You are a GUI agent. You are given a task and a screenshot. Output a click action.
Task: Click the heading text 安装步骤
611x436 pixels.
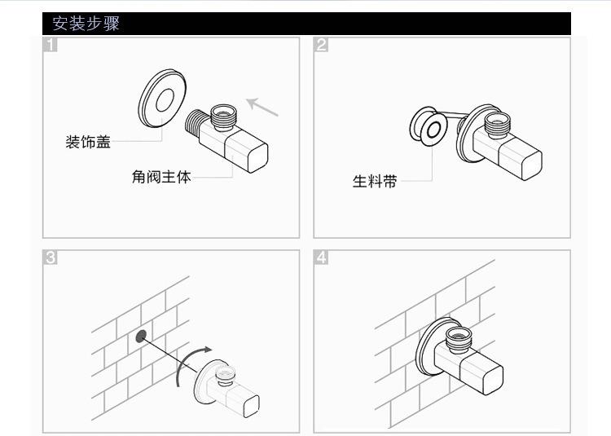click(x=86, y=24)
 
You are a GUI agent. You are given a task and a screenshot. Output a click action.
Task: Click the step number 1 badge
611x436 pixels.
click(x=50, y=45)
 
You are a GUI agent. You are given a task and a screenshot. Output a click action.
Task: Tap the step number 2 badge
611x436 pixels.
click(x=321, y=45)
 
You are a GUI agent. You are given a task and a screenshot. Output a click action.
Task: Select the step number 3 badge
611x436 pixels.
click(x=50, y=258)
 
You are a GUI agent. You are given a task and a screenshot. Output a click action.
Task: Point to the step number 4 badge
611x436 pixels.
click(x=321, y=258)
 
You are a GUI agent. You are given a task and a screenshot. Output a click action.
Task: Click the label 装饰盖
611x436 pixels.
click(x=88, y=142)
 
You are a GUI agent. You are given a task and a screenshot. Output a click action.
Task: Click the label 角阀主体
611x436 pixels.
click(x=161, y=177)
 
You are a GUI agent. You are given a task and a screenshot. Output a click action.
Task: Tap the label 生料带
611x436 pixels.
click(x=375, y=181)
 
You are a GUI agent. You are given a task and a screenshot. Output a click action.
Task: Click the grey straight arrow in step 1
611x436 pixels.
click(x=262, y=107)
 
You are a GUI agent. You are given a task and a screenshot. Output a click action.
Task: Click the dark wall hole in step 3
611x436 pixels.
click(x=141, y=336)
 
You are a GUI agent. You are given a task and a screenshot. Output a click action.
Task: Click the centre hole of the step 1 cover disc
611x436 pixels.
click(x=165, y=99)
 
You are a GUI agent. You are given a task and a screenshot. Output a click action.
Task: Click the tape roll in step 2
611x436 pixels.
click(x=428, y=126)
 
